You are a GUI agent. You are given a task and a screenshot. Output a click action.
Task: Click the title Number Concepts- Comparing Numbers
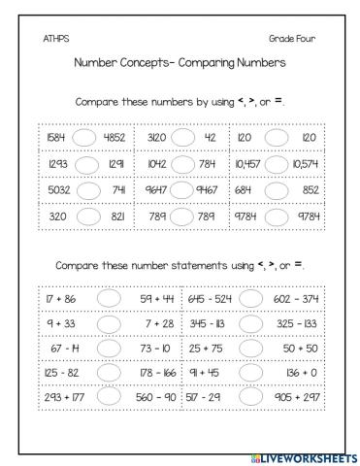pos(180,63)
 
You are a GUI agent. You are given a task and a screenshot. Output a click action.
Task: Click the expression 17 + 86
pos(60,295)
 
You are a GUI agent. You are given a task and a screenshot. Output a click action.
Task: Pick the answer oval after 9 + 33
pos(109,321)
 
